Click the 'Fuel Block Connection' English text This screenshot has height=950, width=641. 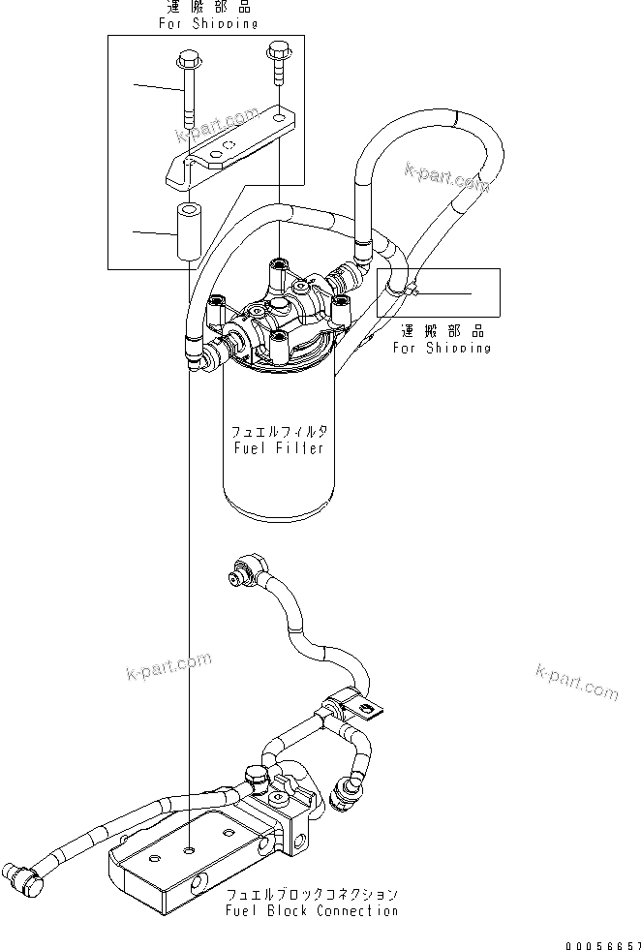(x=311, y=910)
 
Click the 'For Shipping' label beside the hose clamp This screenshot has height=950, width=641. (x=441, y=348)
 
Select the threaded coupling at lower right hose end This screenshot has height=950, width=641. (x=346, y=794)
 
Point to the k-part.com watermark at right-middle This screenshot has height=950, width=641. (x=575, y=682)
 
